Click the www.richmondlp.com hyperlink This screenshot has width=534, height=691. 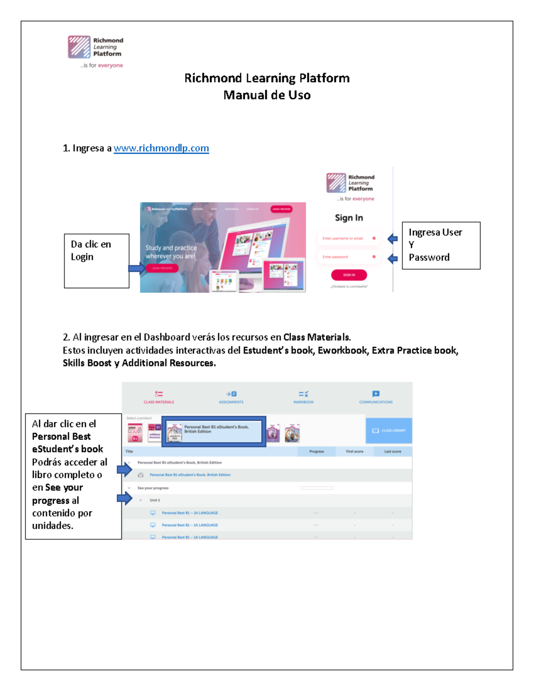161,148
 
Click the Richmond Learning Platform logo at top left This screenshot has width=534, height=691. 95,48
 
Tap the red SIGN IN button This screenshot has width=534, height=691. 349,275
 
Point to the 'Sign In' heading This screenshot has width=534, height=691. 349,218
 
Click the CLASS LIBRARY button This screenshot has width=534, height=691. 389,430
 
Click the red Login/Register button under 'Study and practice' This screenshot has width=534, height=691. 162,268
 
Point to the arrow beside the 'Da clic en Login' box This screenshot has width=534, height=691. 136,268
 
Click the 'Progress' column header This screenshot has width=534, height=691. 316,451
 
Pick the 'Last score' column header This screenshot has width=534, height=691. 392,451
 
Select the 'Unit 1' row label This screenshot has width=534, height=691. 155,500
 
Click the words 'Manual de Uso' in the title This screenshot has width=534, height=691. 267,95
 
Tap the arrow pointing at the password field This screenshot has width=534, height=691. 392,258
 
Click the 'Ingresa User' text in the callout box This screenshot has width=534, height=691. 435,232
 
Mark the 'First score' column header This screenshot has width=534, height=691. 355,451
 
